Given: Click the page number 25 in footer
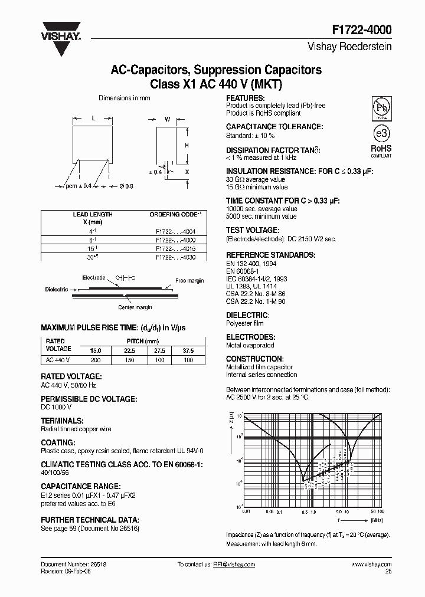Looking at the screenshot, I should [x=388, y=572].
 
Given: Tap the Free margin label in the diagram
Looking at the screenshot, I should [x=189, y=281].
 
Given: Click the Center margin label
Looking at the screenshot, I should [x=135, y=307].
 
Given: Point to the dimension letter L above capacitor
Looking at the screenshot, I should [x=94, y=119].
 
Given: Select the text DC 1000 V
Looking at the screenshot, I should [x=56, y=407].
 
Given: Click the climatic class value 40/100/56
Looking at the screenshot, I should [x=55, y=473].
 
